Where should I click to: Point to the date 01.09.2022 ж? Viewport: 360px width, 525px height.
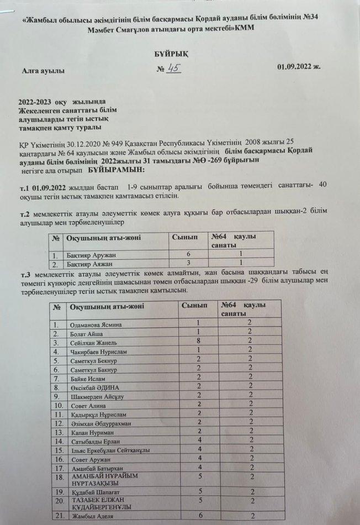[x=299, y=67]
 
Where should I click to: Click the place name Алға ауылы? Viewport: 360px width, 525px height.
[x=43, y=71]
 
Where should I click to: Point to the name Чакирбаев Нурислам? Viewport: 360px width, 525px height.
[x=98, y=351]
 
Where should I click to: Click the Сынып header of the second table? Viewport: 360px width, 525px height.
[x=194, y=305]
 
